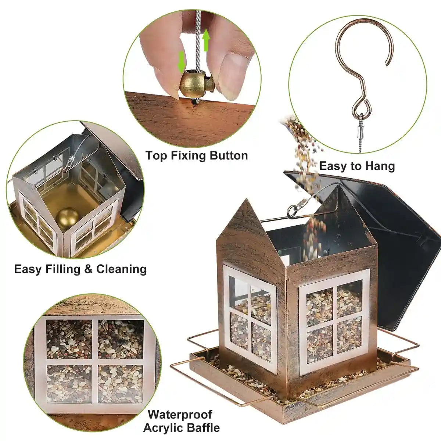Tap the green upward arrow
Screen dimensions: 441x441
[206, 40]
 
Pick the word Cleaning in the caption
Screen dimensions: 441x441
[121, 269]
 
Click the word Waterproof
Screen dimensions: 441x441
[180, 415]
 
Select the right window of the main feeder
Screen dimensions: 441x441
[334, 320]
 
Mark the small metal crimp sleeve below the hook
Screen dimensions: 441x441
[361, 129]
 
